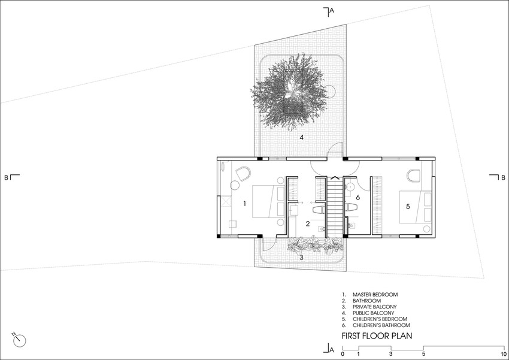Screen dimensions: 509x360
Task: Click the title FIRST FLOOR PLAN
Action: pos(377,335)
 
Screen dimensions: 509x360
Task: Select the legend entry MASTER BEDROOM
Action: pos(375,295)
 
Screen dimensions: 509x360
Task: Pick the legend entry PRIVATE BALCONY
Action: pos(375,307)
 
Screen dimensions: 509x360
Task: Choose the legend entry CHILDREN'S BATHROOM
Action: pos(381,325)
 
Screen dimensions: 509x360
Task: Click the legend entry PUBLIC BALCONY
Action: pos(373,313)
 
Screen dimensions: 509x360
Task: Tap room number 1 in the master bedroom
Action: pos(244,204)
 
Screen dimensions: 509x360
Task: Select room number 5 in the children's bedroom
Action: pos(408,206)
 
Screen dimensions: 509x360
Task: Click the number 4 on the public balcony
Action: pos(302,137)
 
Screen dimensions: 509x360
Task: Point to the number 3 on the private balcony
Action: pos(302,258)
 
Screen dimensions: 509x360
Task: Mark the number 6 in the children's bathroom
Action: pos(357,197)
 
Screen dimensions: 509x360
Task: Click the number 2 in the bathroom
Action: pos(307,223)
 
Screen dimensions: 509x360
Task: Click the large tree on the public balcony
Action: pos(290,92)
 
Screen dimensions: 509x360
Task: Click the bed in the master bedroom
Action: pos(268,201)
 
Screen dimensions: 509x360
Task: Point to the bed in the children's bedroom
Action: pos(415,207)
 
